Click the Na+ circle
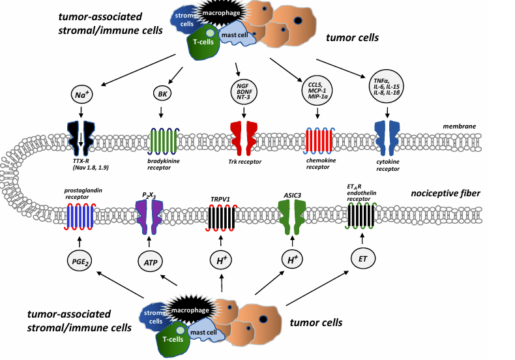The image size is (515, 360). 81,95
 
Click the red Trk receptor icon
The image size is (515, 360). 244,138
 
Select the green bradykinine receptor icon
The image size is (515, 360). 162,138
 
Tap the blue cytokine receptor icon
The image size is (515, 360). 390,138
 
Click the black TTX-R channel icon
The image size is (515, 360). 81,138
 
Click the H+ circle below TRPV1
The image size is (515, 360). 222,261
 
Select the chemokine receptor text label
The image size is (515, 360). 319,163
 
